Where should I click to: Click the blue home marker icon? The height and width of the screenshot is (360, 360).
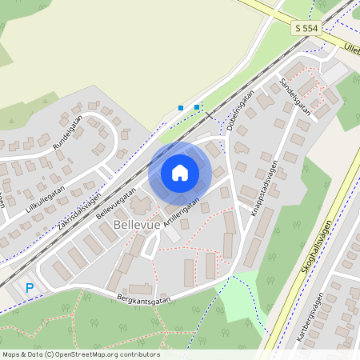180,172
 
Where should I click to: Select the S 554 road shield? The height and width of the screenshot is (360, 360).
305,28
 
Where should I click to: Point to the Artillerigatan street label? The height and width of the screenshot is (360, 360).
180,214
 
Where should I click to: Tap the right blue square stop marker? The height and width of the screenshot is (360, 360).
197,106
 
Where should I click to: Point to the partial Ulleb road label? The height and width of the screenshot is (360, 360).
351,48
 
